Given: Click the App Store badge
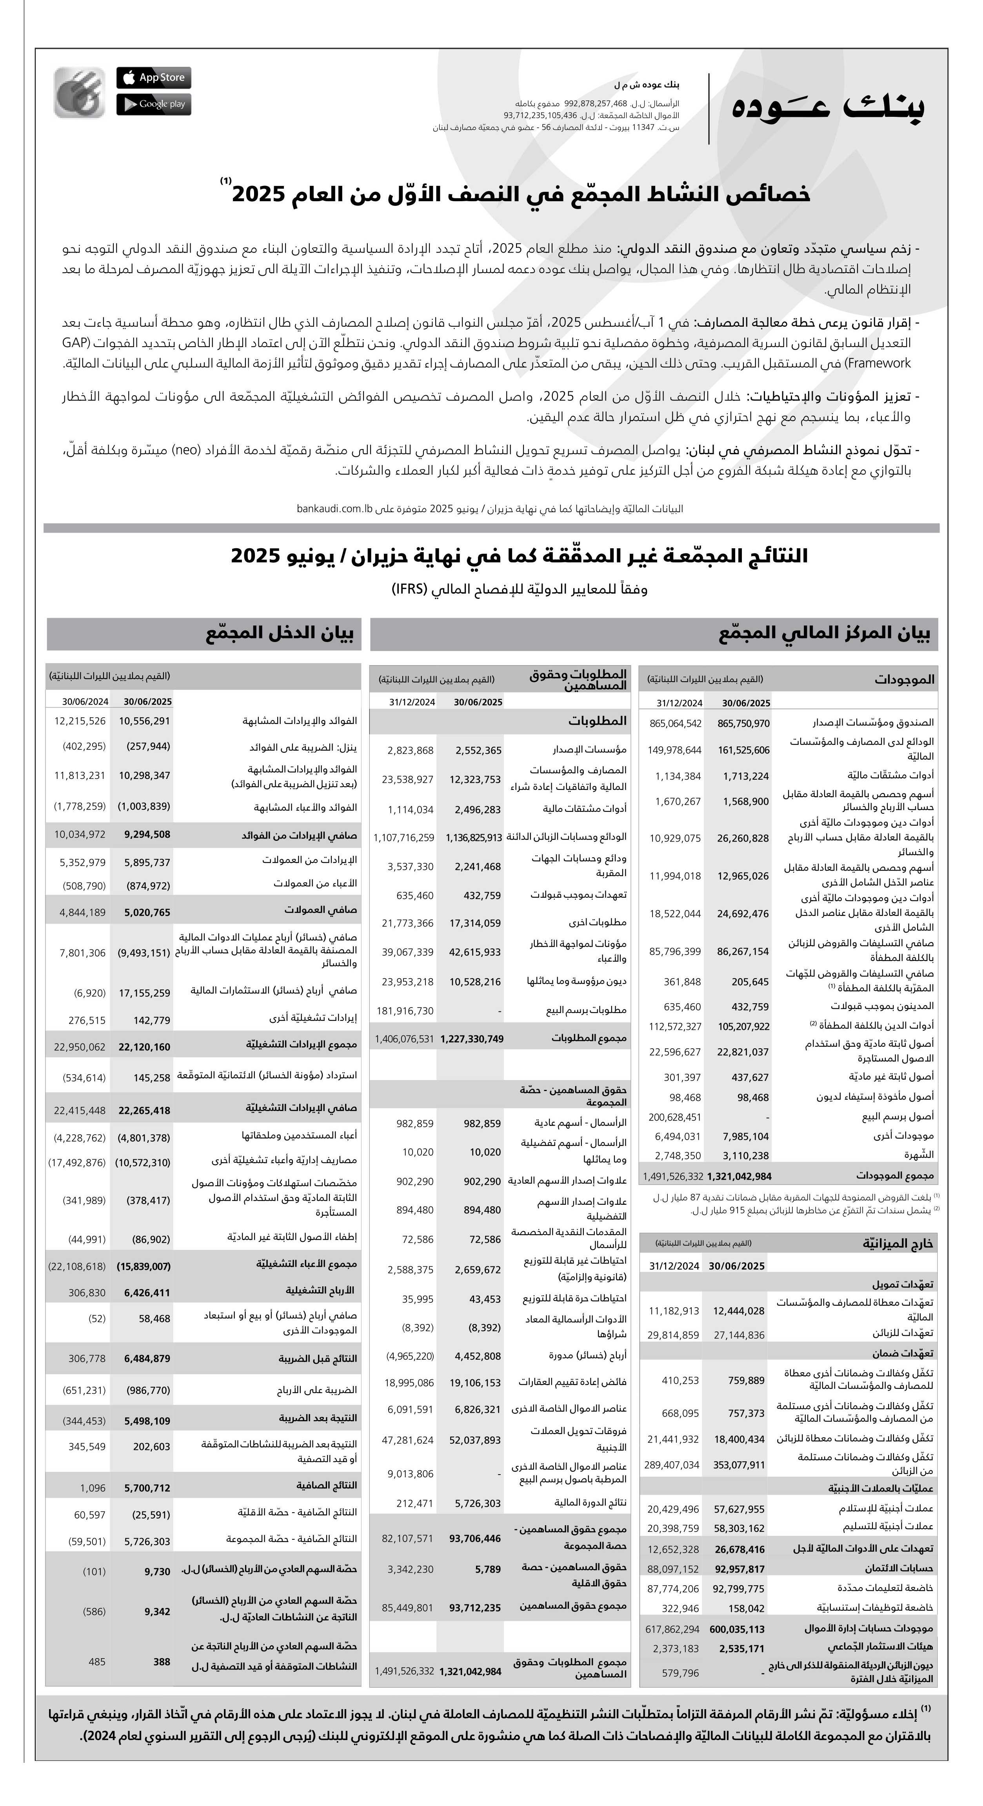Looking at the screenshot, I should point(154,78).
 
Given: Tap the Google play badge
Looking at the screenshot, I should point(154,104).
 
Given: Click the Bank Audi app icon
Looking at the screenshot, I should point(79,92).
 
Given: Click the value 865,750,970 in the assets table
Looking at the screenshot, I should point(743,724).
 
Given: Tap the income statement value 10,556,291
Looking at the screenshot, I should point(144,720).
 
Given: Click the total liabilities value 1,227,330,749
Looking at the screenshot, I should point(472,1039).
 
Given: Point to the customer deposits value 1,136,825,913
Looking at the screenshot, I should point(473,837).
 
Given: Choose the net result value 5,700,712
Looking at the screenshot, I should point(147,1488).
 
